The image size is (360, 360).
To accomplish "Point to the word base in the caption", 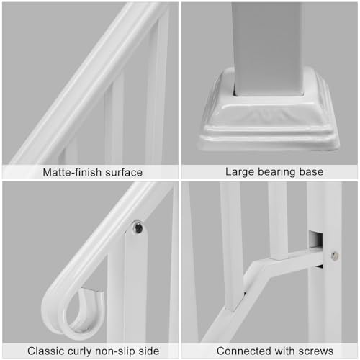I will click(x=310, y=172).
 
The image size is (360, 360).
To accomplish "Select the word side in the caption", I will click(x=149, y=351).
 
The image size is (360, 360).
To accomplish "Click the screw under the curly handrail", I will click(x=137, y=228).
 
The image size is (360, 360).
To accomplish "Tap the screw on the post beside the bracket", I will click(x=335, y=255).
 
